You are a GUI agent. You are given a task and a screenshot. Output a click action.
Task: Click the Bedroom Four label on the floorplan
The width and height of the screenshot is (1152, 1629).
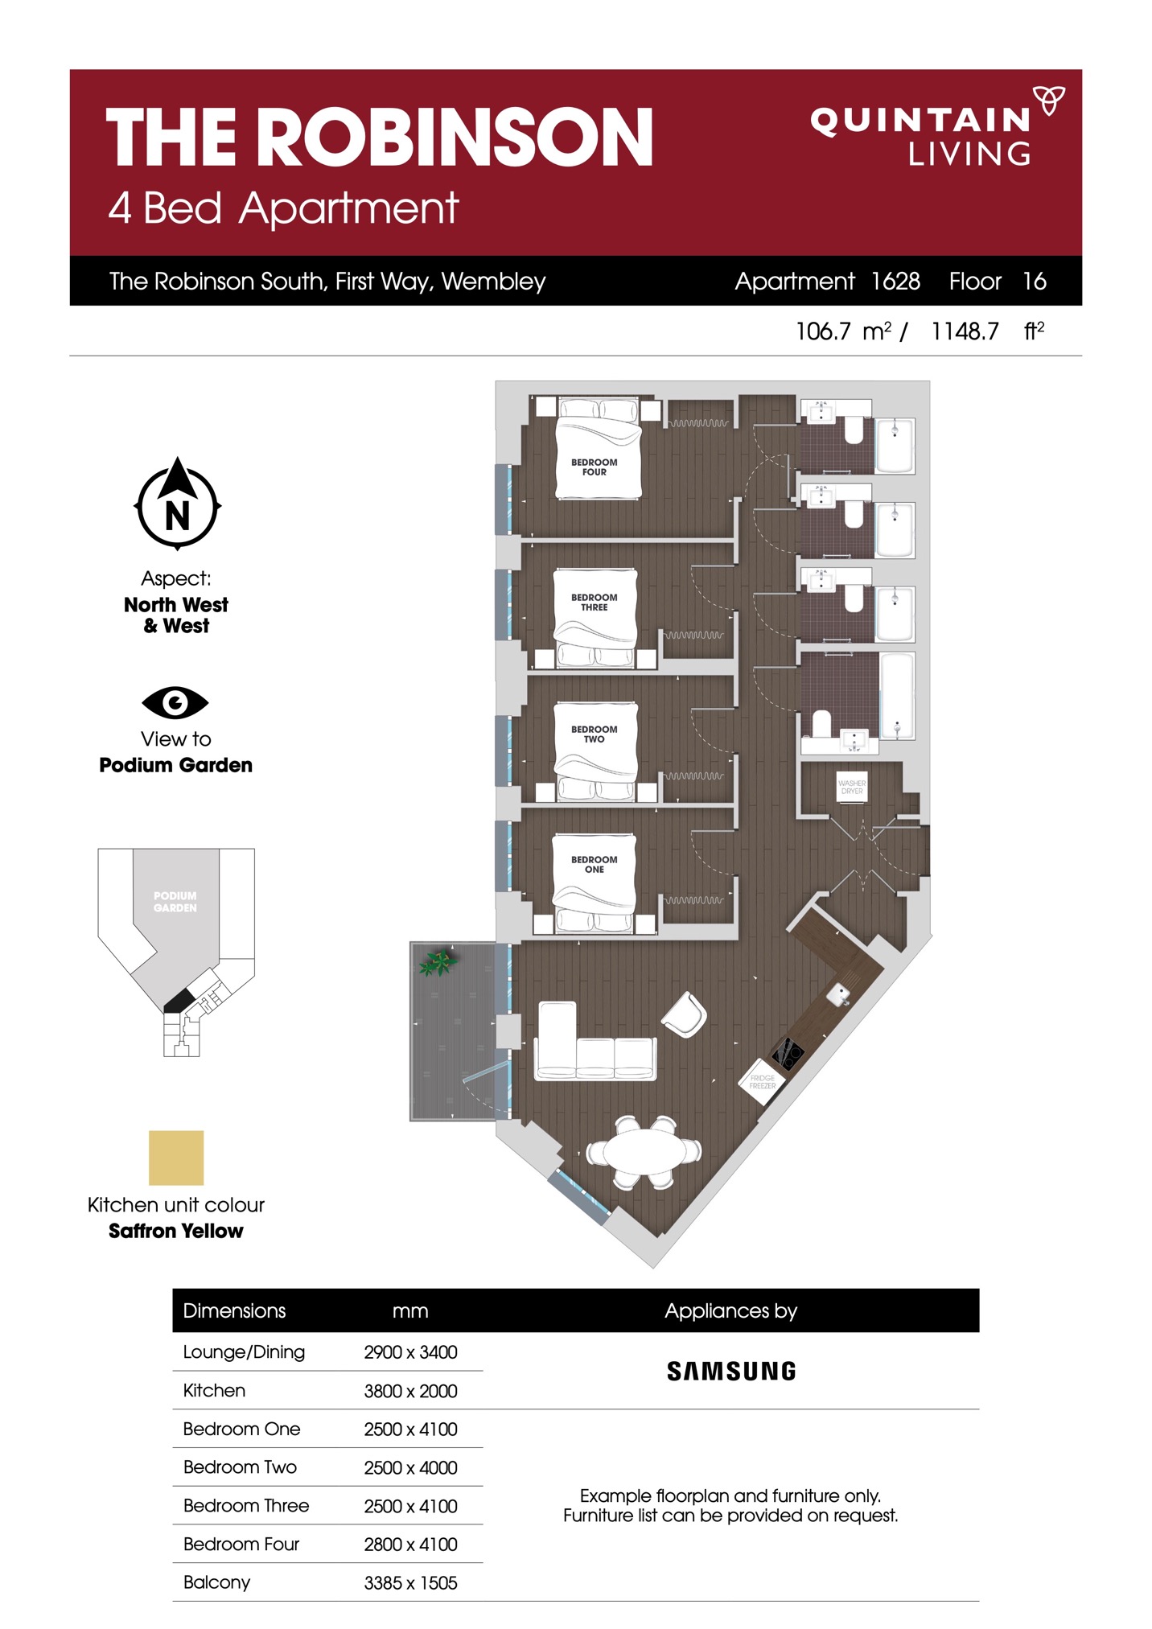pos(594,467)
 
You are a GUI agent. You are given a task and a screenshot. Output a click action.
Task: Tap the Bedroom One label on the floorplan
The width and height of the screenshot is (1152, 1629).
pos(594,864)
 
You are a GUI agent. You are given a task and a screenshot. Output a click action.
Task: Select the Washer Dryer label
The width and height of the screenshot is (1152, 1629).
pos(852,787)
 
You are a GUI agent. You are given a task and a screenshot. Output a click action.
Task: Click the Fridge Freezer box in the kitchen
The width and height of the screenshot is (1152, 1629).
pos(762,1082)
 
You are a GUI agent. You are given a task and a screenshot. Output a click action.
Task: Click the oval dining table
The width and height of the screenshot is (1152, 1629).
pos(644,1151)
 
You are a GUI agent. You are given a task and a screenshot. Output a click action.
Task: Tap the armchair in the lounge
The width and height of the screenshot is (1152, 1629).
pos(684,1014)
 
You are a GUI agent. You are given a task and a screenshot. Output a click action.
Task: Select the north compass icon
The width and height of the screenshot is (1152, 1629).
pos(177,504)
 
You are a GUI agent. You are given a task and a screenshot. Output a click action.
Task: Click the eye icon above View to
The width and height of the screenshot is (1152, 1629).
pos(175,702)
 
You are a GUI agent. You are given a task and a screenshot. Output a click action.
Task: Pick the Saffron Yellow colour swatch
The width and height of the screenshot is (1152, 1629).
pos(176,1158)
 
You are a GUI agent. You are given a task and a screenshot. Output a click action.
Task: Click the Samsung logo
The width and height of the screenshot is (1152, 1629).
pos(731,1371)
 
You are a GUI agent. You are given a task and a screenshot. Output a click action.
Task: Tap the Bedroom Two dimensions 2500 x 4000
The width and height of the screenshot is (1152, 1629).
pos(410,1467)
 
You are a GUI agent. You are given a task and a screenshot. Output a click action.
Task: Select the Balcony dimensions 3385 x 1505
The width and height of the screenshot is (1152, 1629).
pos(410,1582)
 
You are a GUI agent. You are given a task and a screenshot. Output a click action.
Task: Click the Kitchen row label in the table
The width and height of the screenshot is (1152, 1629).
pos(214,1390)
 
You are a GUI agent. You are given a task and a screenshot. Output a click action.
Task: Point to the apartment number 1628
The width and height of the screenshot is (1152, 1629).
pos(895,281)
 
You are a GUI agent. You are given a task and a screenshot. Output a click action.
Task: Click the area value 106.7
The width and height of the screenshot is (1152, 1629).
pos(822,331)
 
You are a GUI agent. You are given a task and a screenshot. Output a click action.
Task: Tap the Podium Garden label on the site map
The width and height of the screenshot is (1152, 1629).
pos(175,902)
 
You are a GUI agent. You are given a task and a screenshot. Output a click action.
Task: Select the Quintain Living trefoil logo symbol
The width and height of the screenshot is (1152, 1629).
pos(1049,101)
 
